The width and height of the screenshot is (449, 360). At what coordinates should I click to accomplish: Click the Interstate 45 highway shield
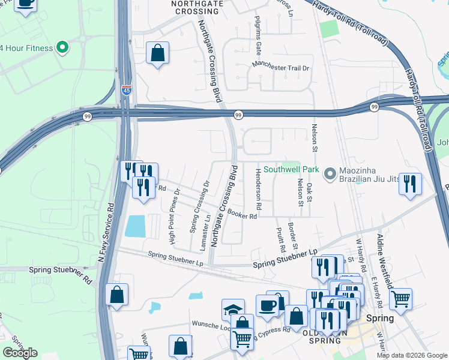click(x=126, y=89)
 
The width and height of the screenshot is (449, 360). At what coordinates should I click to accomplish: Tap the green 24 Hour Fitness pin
click(x=61, y=48)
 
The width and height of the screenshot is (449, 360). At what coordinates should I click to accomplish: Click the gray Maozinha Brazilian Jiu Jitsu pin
click(x=330, y=174)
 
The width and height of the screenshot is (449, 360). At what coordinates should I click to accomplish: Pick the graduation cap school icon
click(x=233, y=310)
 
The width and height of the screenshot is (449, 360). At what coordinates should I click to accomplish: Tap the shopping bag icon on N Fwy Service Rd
click(x=116, y=295)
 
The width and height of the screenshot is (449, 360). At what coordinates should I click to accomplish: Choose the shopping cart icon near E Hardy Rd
click(x=400, y=298)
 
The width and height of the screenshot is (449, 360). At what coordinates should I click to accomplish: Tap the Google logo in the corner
click(x=20, y=353)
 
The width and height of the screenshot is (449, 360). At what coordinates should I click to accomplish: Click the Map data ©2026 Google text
click(x=411, y=355)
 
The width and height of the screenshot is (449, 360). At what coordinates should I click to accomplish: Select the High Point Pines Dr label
click(x=175, y=217)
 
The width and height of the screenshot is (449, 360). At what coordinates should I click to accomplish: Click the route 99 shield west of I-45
click(x=88, y=117)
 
